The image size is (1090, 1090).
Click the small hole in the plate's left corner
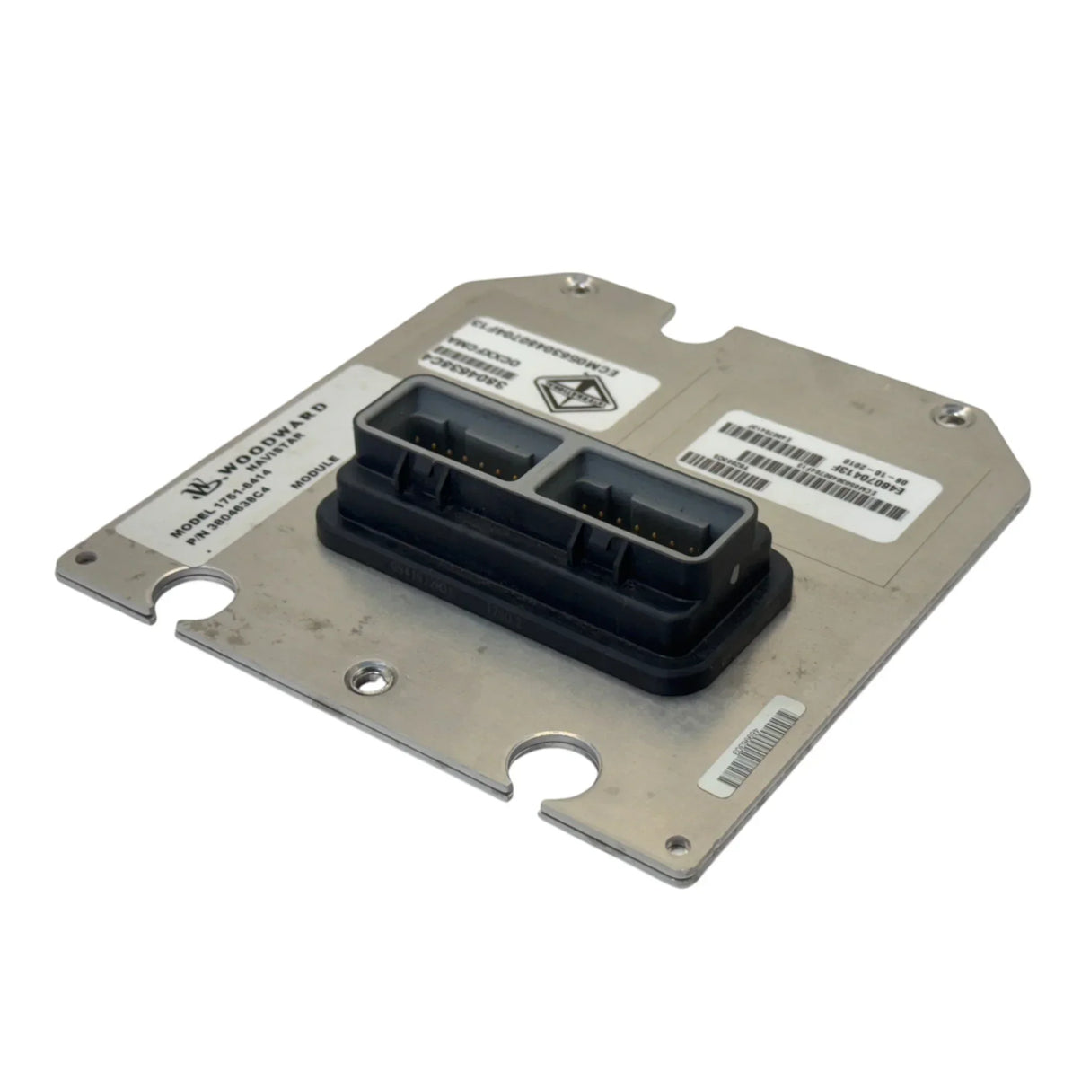click(83, 557)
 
